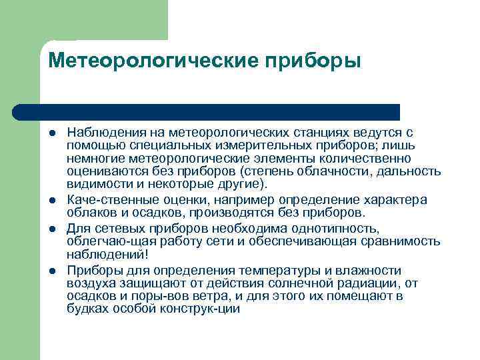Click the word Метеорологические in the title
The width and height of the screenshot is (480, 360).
[x=153, y=61]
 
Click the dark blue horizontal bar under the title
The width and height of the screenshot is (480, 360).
[x=207, y=112]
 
